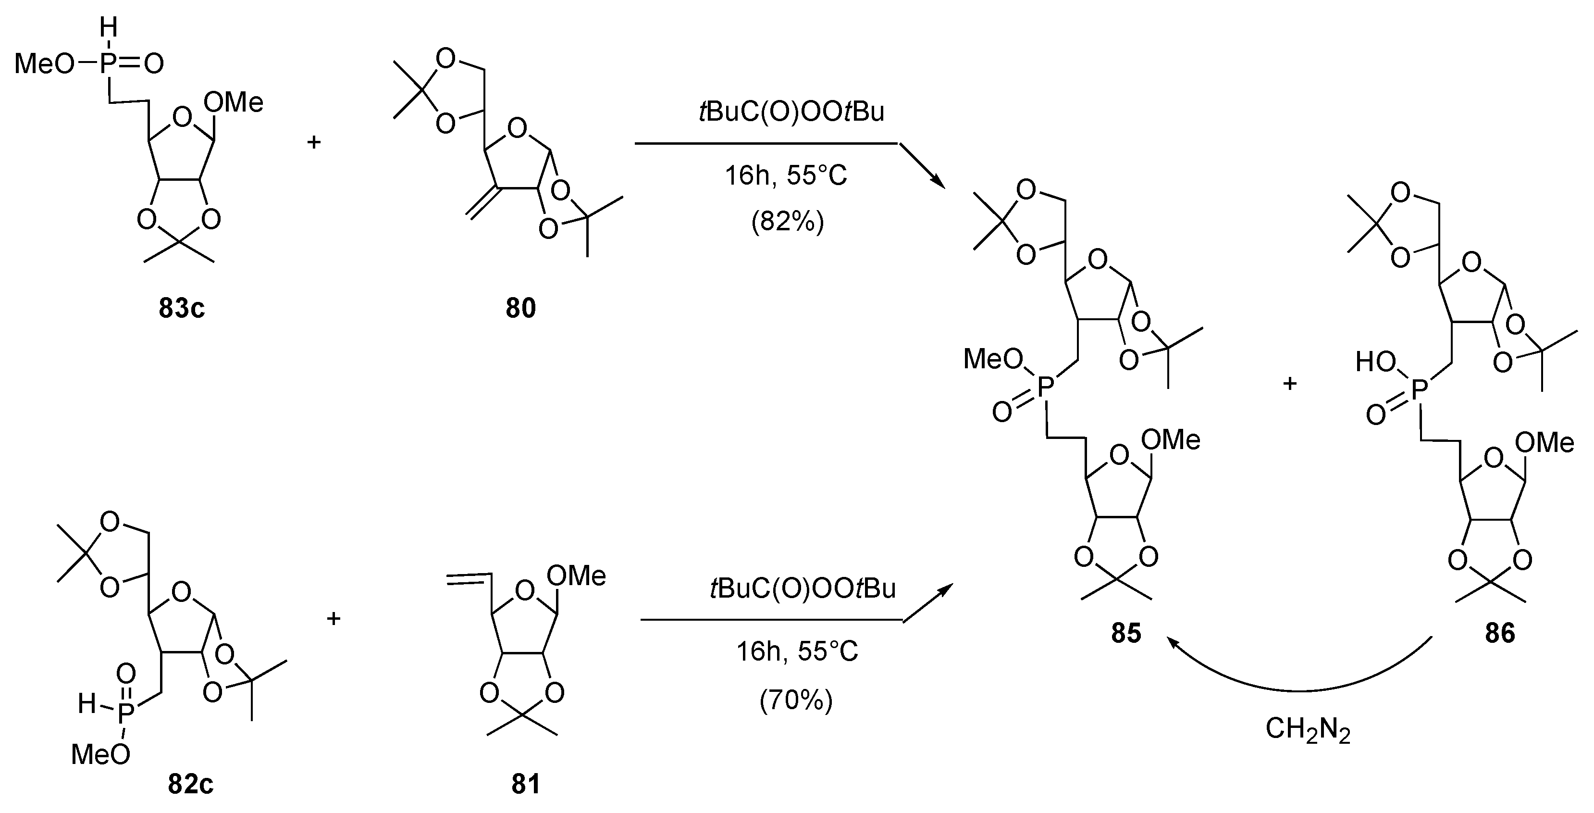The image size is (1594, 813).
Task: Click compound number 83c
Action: click(x=181, y=308)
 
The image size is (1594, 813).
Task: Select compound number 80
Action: click(x=520, y=308)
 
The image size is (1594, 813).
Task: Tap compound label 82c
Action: click(x=191, y=784)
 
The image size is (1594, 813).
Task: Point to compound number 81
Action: click(x=525, y=784)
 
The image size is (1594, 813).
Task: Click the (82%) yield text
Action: click(x=787, y=222)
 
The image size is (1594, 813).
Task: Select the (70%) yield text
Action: click(x=796, y=699)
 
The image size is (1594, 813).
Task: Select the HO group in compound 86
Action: click(x=1375, y=362)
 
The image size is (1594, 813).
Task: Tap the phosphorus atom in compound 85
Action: click(x=1045, y=388)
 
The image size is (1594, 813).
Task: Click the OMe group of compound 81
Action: click(x=576, y=576)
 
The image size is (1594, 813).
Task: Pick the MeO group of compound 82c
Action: click(x=100, y=755)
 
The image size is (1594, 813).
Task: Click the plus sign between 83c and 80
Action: click(x=314, y=142)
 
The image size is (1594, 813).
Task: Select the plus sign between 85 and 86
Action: click(x=1289, y=384)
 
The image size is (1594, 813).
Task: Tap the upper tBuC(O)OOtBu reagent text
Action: click(x=791, y=112)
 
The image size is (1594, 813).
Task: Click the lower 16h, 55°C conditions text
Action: click(x=796, y=652)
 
